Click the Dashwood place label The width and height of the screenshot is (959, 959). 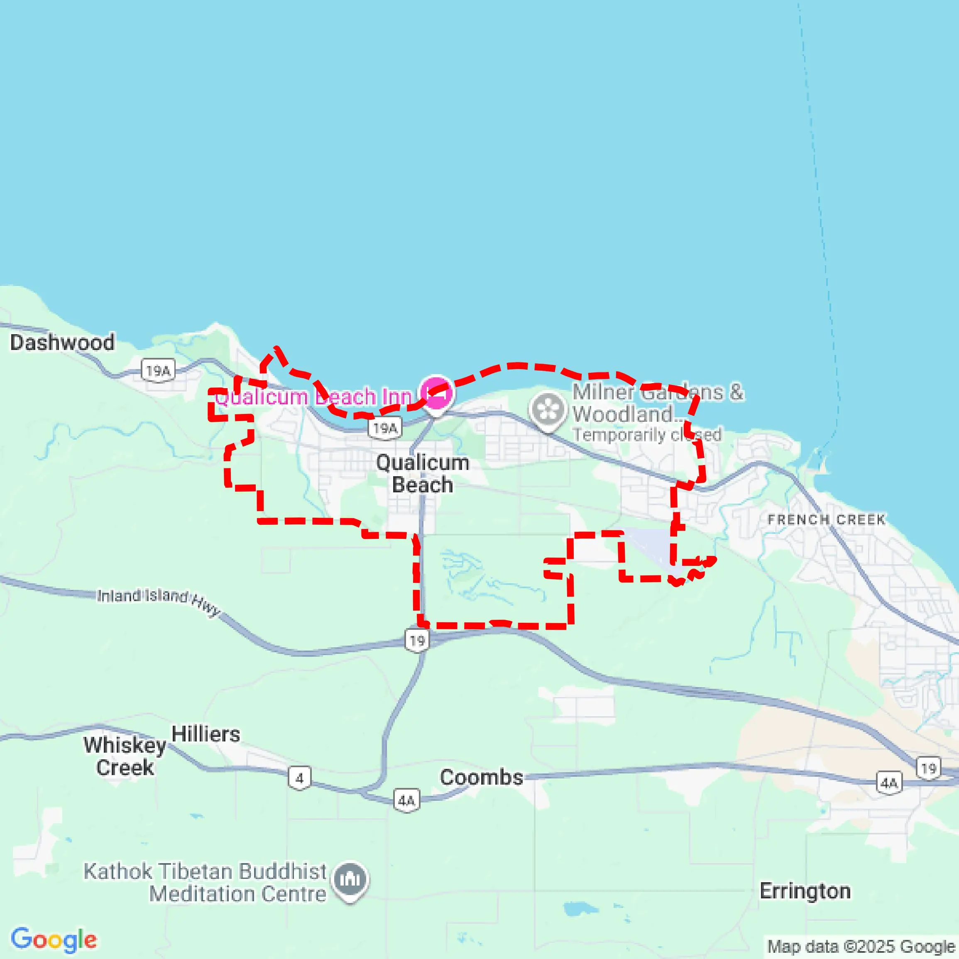(x=62, y=342)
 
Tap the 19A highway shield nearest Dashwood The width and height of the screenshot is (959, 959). (x=158, y=370)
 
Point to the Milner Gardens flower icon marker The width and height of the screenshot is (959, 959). (x=548, y=410)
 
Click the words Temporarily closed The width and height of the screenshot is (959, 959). (x=647, y=435)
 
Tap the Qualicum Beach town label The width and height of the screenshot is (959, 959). (x=423, y=474)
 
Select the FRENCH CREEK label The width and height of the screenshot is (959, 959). (x=826, y=520)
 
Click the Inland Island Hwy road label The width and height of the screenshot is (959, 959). (x=158, y=601)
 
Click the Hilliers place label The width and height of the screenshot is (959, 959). (x=205, y=734)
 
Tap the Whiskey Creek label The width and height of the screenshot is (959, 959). (x=125, y=756)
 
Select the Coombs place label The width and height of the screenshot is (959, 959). (x=481, y=777)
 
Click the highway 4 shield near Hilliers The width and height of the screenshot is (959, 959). (x=299, y=778)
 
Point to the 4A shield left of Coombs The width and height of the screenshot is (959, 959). (x=406, y=800)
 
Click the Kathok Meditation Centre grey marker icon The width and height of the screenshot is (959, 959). (x=350, y=879)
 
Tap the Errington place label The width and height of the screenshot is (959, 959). (x=805, y=891)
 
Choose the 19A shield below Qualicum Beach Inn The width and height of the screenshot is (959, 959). (x=385, y=428)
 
